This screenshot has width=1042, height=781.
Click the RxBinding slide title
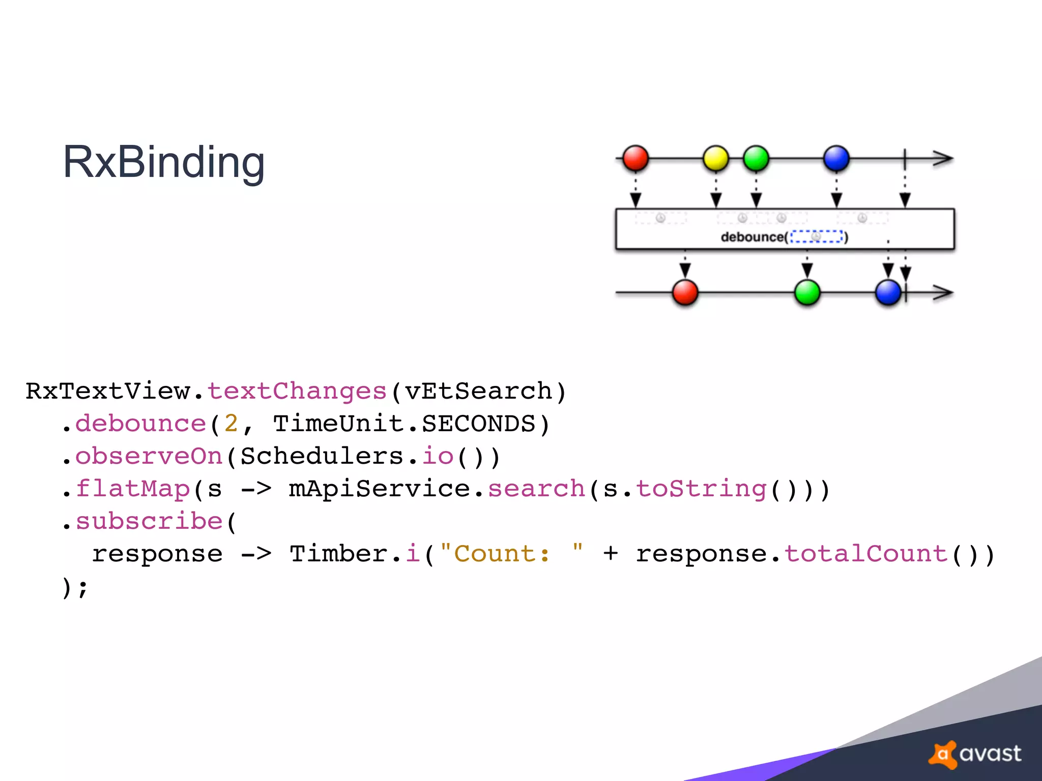click(163, 162)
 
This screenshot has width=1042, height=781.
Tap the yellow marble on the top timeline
click(715, 158)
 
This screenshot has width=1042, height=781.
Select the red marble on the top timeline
click(635, 158)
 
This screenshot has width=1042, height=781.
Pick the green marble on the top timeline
click(756, 158)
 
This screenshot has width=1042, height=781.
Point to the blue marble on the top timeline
click(836, 158)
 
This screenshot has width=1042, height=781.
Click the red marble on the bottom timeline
click(685, 293)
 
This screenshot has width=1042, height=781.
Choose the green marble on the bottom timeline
click(807, 293)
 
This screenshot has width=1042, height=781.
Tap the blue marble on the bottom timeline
click(888, 293)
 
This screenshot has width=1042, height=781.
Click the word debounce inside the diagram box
click(752, 237)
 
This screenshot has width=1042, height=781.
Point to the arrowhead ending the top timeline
click(944, 158)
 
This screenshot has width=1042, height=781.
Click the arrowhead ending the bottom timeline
click(944, 293)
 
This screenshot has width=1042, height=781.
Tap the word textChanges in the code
click(297, 391)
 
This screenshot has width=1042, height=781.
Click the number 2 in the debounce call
click(231, 424)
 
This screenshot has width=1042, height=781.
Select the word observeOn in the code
click(149, 456)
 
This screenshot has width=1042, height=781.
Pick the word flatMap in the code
click(133, 489)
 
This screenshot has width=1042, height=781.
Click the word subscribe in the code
click(149, 521)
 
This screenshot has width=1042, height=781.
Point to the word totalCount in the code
click(865, 554)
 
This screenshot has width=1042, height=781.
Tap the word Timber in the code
click(338, 554)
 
